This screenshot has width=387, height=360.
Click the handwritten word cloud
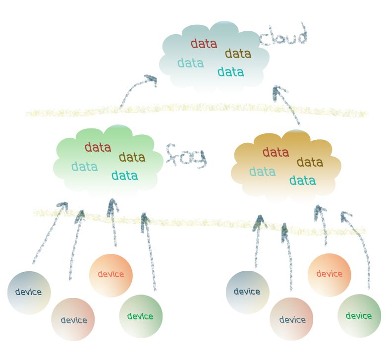coord(283,36)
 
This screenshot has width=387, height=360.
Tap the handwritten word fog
coord(185,156)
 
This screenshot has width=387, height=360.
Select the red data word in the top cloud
coord(204,44)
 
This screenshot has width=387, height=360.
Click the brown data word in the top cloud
coord(238,54)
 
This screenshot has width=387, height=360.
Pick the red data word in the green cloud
coord(98,147)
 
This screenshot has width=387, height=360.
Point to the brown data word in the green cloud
coord(132,158)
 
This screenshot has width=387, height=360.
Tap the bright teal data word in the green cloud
coord(124,176)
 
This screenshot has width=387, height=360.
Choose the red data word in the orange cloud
coord(276,152)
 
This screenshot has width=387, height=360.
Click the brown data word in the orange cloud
coord(310,162)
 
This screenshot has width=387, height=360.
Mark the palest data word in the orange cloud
coord(262,172)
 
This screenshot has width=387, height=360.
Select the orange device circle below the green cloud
coord(111,275)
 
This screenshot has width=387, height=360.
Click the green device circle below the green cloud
coord(141,316)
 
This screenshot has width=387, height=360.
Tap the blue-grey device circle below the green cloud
coord(29,293)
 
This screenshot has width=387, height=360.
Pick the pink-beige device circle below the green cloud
coord(73,320)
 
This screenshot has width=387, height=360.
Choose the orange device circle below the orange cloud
coord(329,275)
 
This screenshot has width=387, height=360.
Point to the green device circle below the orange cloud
coord(359,316)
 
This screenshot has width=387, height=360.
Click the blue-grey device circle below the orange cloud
coord(247,292)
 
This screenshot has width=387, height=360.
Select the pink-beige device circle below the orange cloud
coord(292,319)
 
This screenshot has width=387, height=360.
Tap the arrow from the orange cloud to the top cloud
coord(287,104)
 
